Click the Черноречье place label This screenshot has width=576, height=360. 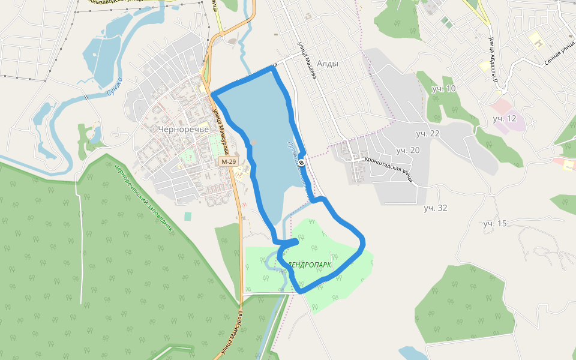pyautogui.click(x=183, y=128)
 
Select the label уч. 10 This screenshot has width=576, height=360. pyautogui.click(x=444, y=89)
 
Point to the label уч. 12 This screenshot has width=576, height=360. pyautogui.click(x=505, y=118)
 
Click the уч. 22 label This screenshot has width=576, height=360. pyautogui.click(x=428, y=133)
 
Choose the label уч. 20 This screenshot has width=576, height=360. pyautogui.click(x=408, y=149)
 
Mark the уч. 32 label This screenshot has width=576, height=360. pyautogui.click(x=436, y=208)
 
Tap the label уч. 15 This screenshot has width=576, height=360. pyautogui.click(x=495, y=223)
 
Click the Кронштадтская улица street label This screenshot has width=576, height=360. pyautogui.click(x=389, y=169)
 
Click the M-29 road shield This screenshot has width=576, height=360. pyautogui.click(x=228, y=162)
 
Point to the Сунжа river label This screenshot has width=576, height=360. pyautogui.click(x=114, y=88)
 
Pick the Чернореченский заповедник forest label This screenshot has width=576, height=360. pyautogui.click(x=143, y=198)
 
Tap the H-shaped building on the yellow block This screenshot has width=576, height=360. pyautogui.click(x=539, y=42)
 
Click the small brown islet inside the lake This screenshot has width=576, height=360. pyautogui.click(x=254, y=143)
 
